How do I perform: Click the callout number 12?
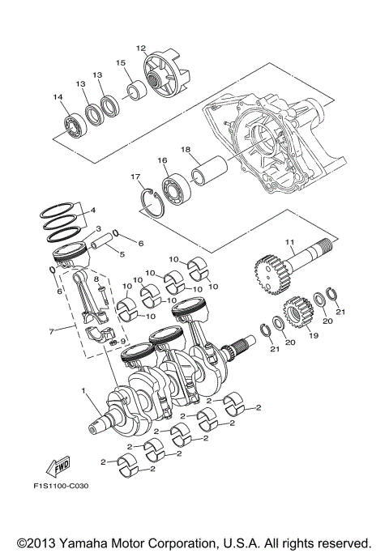tap(140, 49)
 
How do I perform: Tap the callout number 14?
tap(58, 98)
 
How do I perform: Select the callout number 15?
tap(120, 62)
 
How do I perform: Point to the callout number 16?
tap(162, 162)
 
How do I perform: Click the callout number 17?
tap(135, 177)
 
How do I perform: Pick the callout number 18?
tap(186, 151)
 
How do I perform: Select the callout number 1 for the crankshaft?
tap(83, 391)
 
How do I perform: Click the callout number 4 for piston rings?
tap(93, 211)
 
